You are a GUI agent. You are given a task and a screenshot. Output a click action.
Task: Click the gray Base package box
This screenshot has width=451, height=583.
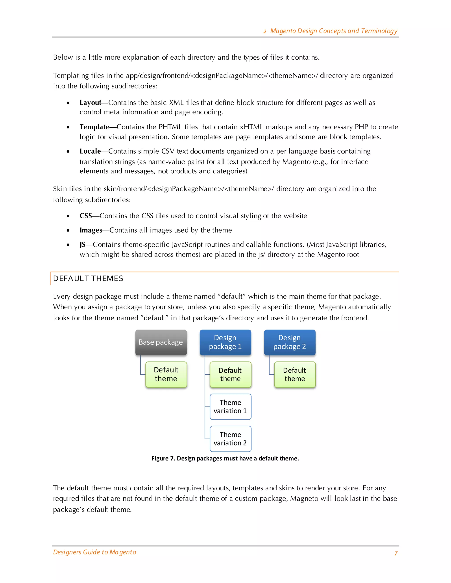coord(161,342)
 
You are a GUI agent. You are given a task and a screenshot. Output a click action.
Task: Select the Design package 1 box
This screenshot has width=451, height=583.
coord(225,342)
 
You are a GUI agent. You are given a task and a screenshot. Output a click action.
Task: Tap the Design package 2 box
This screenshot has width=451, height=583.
coord(290,342)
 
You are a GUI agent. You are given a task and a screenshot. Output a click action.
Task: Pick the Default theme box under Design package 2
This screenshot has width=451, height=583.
coord(295,374)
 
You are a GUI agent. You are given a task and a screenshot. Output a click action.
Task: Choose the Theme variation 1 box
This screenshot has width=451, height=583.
coord(230,407)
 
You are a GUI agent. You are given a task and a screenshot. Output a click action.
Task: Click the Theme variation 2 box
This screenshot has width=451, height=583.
coord(230,439)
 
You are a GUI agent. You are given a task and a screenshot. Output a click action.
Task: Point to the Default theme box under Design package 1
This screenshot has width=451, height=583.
coord(230,374)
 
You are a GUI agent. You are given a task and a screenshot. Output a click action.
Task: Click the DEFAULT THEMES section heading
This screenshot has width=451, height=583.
coord(88,279)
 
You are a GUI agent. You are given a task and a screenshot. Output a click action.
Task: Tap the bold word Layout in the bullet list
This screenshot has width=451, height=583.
coord(90,103)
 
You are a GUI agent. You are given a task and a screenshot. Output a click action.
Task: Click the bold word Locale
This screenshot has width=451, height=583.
coord(90,151)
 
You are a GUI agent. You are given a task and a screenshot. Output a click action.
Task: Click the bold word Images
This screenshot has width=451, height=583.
coord(91,230)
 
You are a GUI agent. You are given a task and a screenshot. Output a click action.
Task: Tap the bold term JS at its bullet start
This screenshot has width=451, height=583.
coord(82,244)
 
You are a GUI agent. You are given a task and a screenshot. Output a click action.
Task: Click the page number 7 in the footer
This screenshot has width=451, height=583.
coord(396,553)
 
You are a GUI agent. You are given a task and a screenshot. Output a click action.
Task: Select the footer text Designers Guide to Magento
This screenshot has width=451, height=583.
coord(94,552)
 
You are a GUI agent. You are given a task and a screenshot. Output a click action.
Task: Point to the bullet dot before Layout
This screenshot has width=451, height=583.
coord(68,103)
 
